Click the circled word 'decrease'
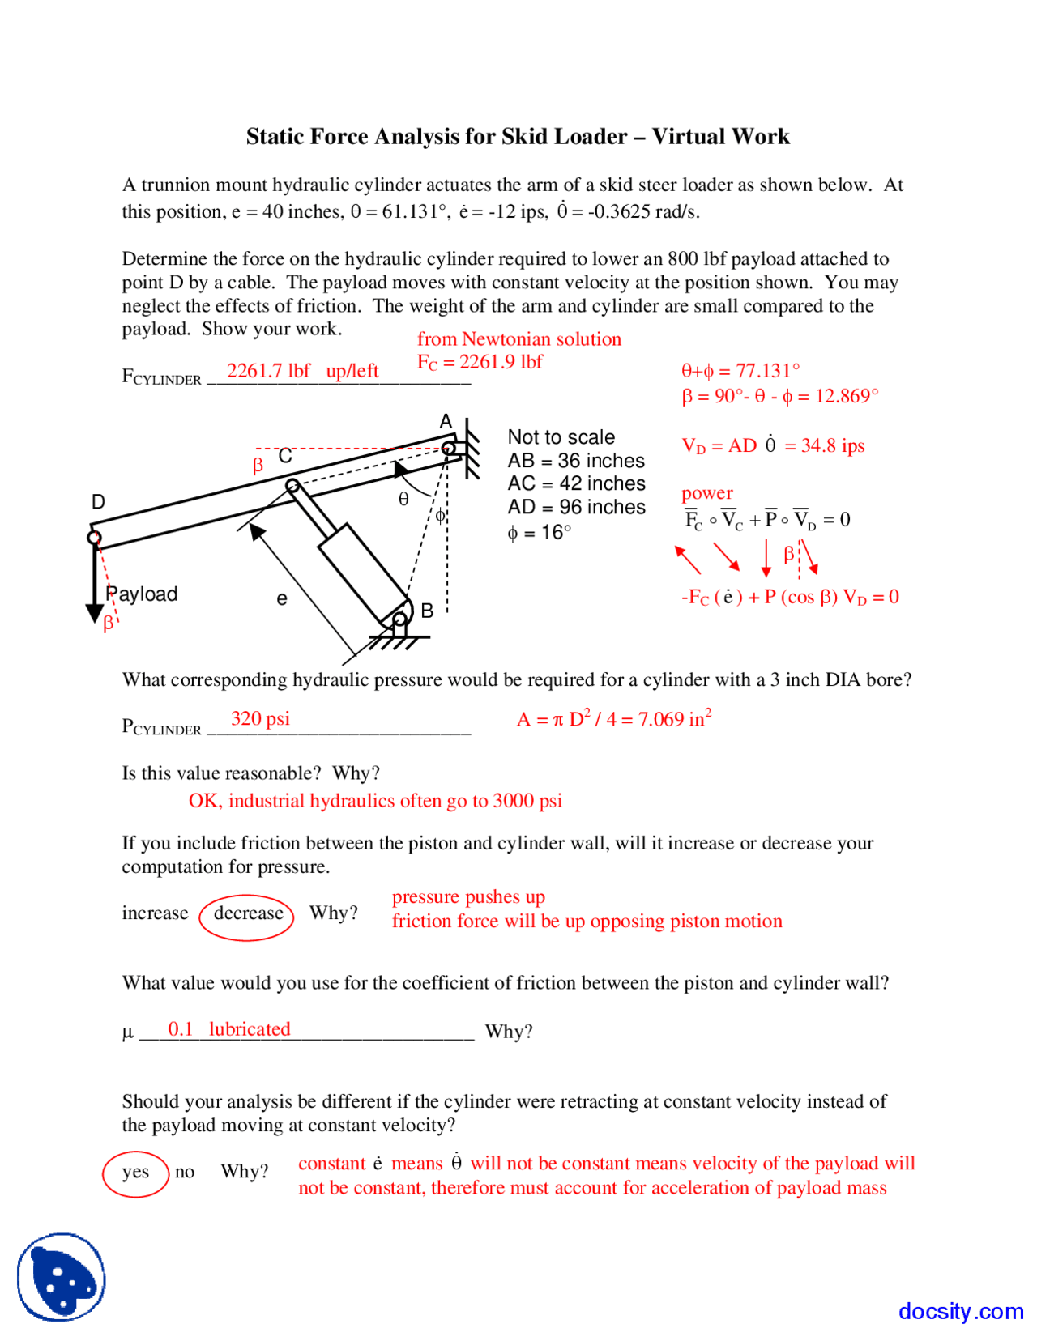[247, 914]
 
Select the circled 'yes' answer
[135, 1173]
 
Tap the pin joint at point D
[95, 537]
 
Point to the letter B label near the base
[427, 611]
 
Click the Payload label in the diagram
[143, 594]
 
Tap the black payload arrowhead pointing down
[94, 612]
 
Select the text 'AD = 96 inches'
[576, 508]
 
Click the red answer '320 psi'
[260, 719]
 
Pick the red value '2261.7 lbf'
[268, 371]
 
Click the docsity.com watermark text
[960, 1311]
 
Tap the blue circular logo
[62, 1277]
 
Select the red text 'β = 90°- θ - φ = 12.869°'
[779, 396]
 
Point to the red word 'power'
[706, 493]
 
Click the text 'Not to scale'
[561, 437]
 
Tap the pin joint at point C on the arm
[292, 486]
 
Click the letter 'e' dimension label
[281, 599]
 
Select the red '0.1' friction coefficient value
[180, 1029]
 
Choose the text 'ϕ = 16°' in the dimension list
[539, 533]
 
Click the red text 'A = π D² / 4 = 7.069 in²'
[614, 719]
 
